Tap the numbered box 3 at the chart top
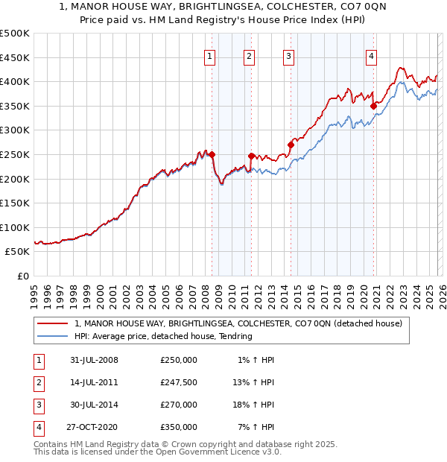[288, 55]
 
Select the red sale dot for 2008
[212, 155]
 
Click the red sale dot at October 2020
[373, 106]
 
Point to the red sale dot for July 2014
[291, 145]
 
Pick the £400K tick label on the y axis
[15, 81]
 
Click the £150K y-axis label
[15, 203]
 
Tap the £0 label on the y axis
[23, 276]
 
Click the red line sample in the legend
[53, 323]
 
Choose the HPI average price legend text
[163, 336]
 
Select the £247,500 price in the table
[178, 382]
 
